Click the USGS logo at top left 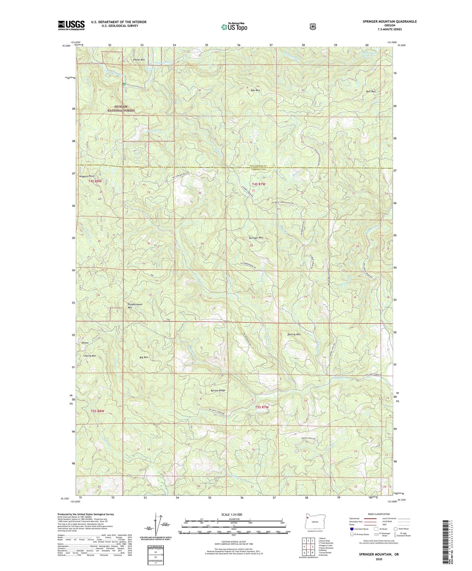[71, 25]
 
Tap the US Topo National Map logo [234, 26]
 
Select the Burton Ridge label [218, 390]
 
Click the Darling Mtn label [294, 335]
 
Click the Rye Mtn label [255, 90]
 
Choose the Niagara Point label [87, 176]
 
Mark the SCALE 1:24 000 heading [232, 515]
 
